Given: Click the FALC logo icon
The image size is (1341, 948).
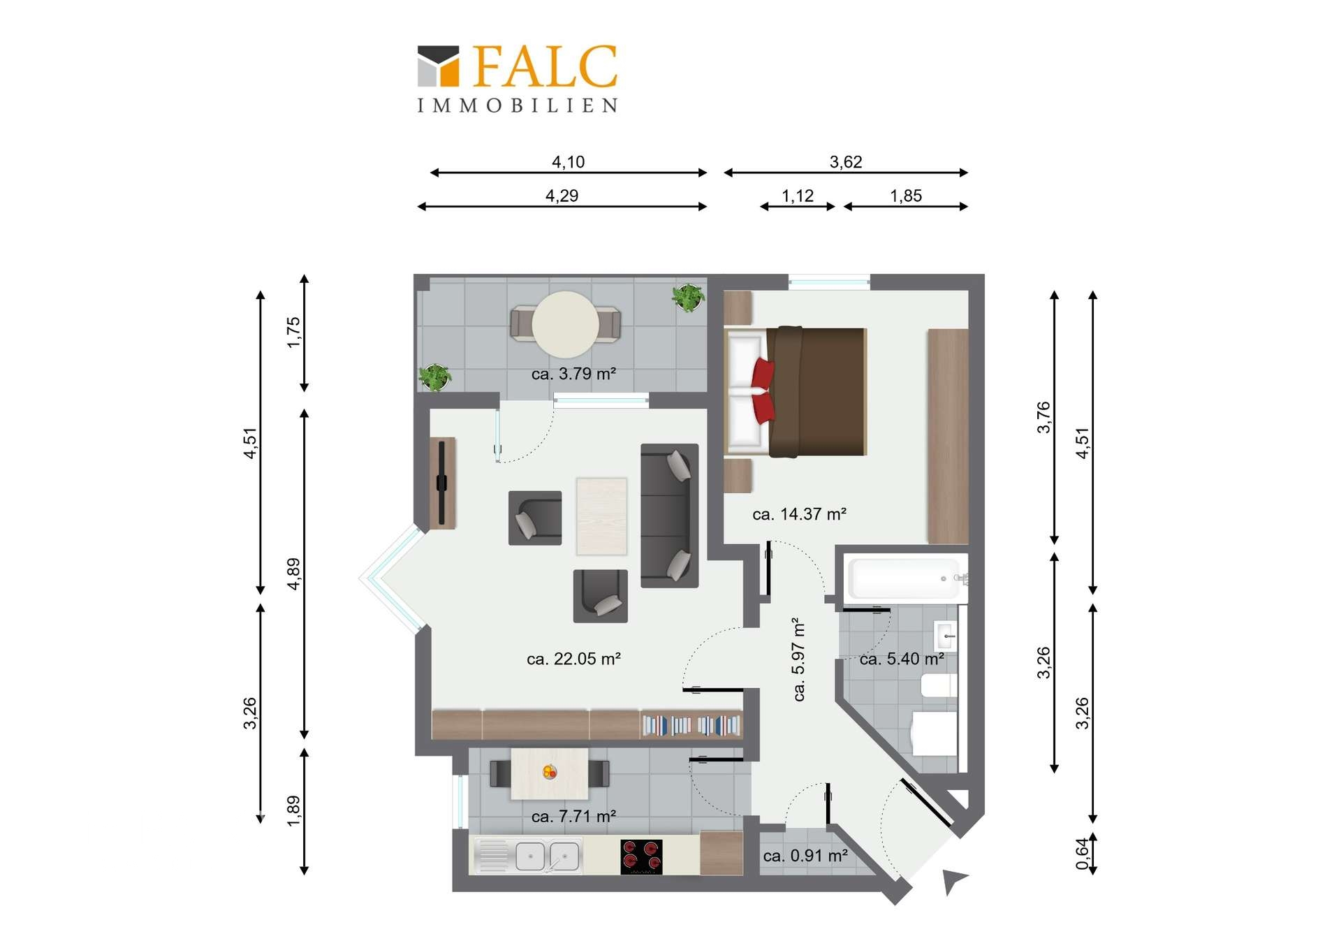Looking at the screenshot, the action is (x=438, y=66).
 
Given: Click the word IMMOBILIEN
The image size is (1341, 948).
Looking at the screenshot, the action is (x=518, y=105).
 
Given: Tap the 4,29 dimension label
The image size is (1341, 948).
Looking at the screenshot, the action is (x=562, y=196).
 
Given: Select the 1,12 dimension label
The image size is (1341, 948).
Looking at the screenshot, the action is (x=798, y=196).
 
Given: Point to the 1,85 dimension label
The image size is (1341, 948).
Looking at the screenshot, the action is (x=906, y=196).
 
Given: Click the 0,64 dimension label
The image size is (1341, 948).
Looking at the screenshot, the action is (x=1082, y=854).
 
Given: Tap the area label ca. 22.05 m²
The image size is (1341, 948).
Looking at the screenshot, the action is (x=574, y=659).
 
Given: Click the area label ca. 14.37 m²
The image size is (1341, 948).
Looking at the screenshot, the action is (x=800, y=514).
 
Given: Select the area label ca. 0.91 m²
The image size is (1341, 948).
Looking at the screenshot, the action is (x=805, y=856).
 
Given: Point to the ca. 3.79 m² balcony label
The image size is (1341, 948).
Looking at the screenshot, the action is (x=573, y=374).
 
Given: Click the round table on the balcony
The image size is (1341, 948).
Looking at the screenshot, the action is (x=566, y=325).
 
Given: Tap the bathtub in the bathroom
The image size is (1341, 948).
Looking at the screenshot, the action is (x=904, y=578).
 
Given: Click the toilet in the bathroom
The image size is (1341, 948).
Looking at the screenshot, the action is (x=934, y=734).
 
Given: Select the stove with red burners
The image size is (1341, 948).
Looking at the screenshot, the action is (x=641, y=856).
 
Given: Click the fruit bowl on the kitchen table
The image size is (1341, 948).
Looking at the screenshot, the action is (x=550, y=772).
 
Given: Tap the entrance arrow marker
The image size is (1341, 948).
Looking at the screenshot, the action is (x=953, y=881).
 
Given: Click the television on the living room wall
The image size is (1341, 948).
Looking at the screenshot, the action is (x=441, y=483).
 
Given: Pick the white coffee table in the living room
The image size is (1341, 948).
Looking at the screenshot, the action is (x=601, y=516).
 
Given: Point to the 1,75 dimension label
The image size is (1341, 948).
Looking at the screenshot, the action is (x=293, y=333).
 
